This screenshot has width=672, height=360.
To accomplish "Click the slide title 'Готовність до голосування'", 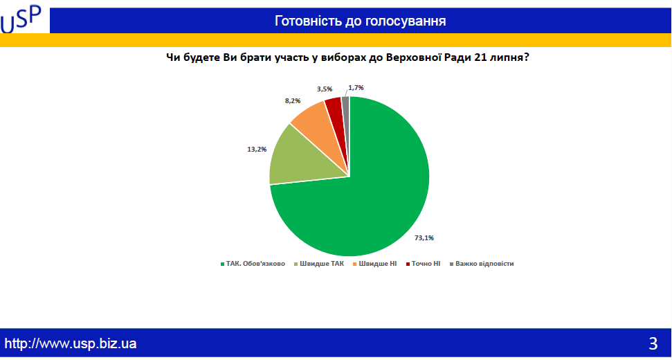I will coord(360,21).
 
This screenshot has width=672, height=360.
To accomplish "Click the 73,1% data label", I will coord(424,238).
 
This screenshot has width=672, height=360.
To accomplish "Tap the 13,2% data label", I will coord(257,149).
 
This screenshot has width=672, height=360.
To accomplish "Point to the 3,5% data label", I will coord(324,89).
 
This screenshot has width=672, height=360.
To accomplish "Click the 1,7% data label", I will coord(356,88).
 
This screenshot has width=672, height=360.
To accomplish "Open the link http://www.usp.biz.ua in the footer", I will coord(71,343).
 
